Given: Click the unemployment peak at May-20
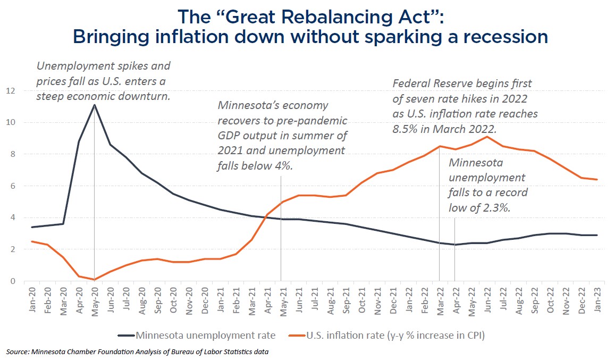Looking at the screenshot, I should click(x=95, y=105).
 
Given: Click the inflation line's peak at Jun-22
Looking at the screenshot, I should click(x=487, y=137).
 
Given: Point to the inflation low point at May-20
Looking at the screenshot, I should click(x=95, y=279).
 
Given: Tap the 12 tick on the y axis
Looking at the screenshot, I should click(x=11, y=91).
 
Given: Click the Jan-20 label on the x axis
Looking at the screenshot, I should click(x=33, y=301).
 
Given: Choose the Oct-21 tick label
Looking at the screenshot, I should click(x=362, y=301).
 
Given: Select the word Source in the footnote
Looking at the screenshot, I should click(x=16, y=351).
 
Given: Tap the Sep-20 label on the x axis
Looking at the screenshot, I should click(x=158, y=301).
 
